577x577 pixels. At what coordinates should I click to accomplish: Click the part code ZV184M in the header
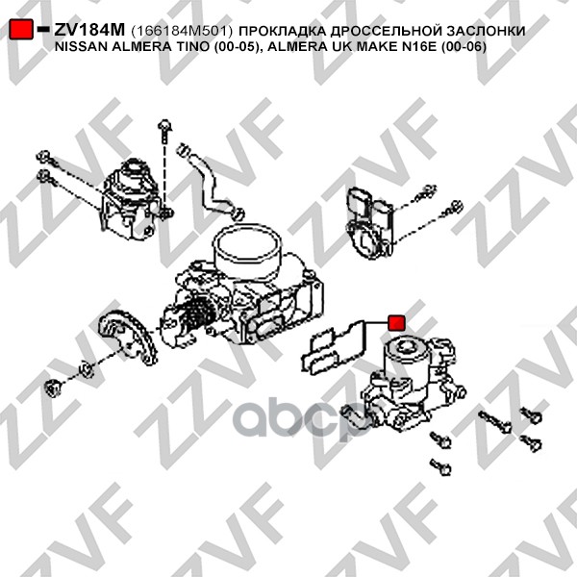point(89,30)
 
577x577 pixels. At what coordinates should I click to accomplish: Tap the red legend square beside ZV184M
point(21,29)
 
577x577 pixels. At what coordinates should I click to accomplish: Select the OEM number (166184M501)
point(182,31)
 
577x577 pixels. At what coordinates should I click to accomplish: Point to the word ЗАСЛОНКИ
point(486,31)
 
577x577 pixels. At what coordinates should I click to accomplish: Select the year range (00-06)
point(464,47)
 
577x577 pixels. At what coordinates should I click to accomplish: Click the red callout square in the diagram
point(396,323)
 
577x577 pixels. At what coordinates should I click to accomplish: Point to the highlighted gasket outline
point(333,347)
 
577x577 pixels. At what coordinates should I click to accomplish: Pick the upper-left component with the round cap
point(132,199)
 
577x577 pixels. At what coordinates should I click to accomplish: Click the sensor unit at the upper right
point(370,221)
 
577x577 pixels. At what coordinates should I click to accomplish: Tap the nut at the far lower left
point(52,388)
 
